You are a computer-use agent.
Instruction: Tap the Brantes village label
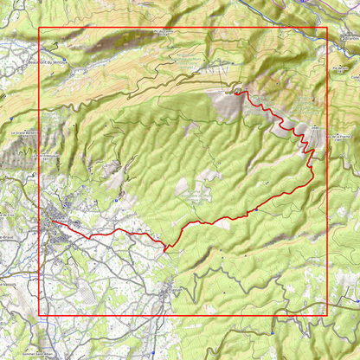350,38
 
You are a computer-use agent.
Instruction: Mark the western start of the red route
51,220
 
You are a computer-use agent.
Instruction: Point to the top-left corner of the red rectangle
39,29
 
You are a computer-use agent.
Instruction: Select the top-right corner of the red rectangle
327,29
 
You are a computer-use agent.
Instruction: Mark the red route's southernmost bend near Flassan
164,248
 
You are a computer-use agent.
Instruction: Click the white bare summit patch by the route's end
228,104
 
